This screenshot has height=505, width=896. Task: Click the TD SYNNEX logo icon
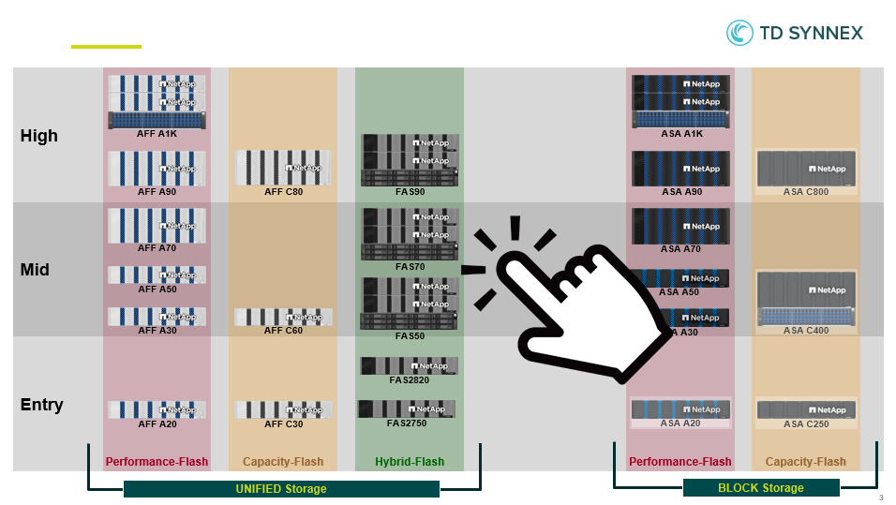(x=739, y=33)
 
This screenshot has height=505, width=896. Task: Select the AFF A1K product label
(x=157, y=134)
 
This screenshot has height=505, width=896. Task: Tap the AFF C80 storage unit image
(x=283, y=168)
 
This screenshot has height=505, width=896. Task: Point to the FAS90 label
(x=410, y=192)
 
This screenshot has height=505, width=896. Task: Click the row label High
(x=39, y=136)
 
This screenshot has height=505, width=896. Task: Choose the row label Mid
(x=36, y=270)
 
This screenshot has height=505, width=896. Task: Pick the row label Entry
(x=42, y=405)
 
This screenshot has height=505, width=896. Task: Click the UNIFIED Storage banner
(x=281, y=489)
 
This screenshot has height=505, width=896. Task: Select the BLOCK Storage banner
(x=760, y=488)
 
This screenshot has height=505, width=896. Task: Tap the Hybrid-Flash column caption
(x=410, y=462)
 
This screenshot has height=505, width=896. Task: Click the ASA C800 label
(x=806, y=192)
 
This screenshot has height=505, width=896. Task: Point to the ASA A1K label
(x=681, y=134)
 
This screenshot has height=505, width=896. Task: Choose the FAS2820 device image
(x=409, y=365)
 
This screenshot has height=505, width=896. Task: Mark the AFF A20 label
(x=157, y=424)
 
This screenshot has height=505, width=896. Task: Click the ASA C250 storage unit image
(x=806, y=409)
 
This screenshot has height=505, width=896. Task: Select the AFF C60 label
(x=283, y=331)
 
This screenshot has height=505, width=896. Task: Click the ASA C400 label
(x=806, y=331)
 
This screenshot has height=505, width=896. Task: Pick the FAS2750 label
(x=407, y=423)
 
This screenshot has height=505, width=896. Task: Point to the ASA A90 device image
(x=681, y=169)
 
